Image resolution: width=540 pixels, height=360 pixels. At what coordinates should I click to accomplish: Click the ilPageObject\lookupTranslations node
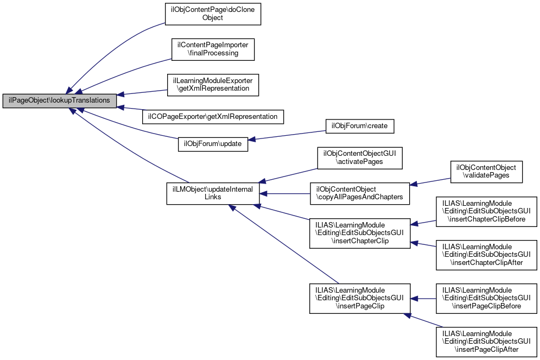point(60,100)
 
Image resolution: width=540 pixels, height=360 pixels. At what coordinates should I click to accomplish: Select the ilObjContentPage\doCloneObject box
point(213,13)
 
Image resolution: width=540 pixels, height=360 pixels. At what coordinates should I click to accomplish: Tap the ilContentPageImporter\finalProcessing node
point(213,49)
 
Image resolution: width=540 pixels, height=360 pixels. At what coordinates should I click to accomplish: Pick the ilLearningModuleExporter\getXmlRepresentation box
point(213,84)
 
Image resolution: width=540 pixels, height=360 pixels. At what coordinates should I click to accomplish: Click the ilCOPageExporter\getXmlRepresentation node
point(213,116)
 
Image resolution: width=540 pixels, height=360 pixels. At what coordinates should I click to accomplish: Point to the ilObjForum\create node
point(359,126)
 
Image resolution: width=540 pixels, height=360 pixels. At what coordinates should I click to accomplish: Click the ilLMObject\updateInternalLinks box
point(213,193)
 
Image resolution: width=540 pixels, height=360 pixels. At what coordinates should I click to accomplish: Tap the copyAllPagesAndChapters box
point(360,193)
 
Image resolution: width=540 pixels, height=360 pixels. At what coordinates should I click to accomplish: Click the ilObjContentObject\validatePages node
point(486,172)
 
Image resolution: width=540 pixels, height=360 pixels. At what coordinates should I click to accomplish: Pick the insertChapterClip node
point(360,233)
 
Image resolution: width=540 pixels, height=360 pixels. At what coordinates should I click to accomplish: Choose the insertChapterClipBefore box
point(486,211)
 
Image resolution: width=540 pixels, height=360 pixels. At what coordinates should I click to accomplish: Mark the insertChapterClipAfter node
point(486,255)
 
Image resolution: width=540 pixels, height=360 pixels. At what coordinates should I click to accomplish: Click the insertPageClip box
point(360,298)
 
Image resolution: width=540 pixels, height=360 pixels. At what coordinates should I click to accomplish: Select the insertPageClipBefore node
point(486,298)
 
